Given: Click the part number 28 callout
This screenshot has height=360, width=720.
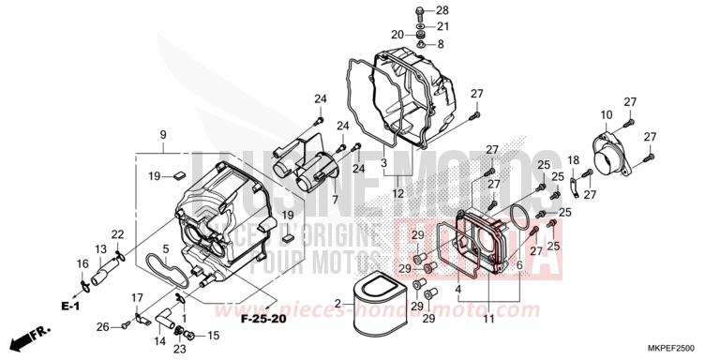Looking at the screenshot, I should click(x=442, y=10).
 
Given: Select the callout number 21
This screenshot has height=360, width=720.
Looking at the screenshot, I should click(x=442, y=26).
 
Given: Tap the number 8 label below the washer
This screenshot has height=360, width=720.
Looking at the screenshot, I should click(x=442, y=43).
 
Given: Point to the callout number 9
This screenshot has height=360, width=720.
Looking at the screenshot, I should click(x=162, y=134).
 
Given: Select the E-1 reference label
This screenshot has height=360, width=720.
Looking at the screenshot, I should click(x=71, y=306).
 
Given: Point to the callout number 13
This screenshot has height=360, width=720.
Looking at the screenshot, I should click(x=99, y=249).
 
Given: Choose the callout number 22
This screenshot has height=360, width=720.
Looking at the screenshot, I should click(x=117, y=234).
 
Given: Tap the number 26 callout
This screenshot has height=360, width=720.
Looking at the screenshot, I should click(x=102, y=326).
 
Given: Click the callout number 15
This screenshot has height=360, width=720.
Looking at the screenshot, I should click(x=213, y=335).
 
